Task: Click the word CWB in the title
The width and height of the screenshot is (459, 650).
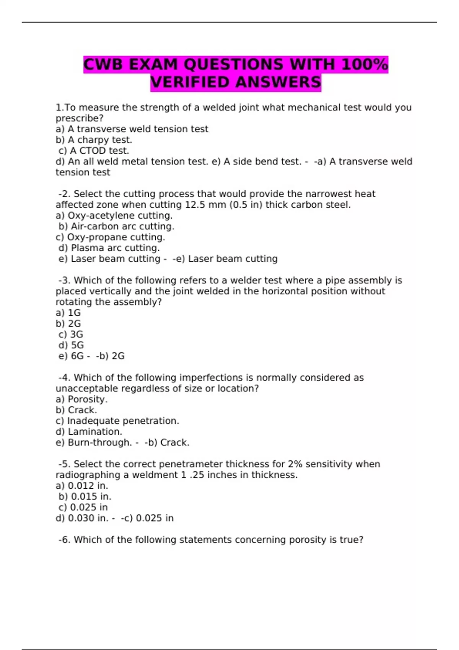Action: [x=103, y=64]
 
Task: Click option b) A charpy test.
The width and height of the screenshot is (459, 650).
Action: [x=94, y=140]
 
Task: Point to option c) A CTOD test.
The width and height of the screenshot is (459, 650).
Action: [x=94, y=151]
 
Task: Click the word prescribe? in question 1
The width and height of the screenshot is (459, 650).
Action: [x=80, y=119]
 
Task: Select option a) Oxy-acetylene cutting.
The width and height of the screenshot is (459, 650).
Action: [x=114, y=216]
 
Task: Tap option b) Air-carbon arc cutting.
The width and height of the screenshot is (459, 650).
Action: [x=116, y=226]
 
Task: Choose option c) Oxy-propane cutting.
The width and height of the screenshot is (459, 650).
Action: [x=110, y=237]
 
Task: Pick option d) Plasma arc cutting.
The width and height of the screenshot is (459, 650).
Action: [x=109, y=248]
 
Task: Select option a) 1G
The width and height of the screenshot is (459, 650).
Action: [x=68, y=313]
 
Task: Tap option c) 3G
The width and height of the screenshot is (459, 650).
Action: [x=71, y=335]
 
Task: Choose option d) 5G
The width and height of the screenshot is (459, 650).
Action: [x=71, y=345]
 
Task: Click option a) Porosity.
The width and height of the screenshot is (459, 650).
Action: [x=81, y=400]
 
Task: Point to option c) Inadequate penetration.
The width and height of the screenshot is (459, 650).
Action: [x=117, y=421]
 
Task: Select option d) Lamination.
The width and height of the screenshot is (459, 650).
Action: [x=89, y=432]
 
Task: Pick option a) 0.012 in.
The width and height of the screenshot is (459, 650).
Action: [x=82, y=486]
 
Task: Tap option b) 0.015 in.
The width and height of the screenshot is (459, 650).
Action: [x=85, y=497]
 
